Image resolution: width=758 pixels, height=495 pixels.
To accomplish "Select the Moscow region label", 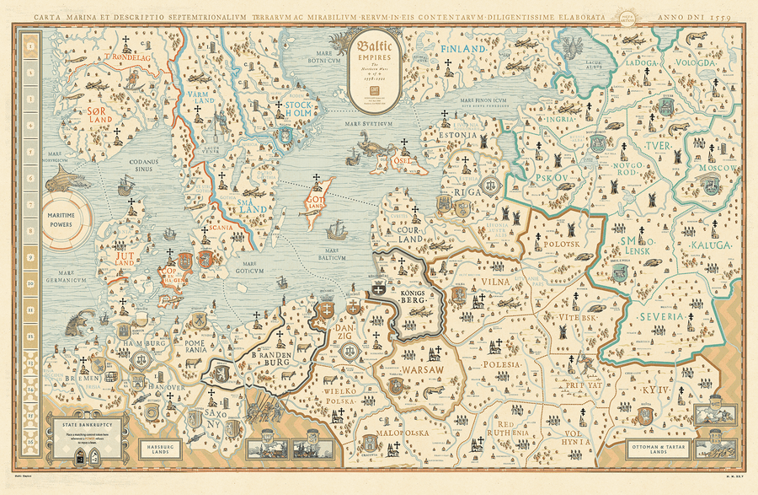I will [718, 169].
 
